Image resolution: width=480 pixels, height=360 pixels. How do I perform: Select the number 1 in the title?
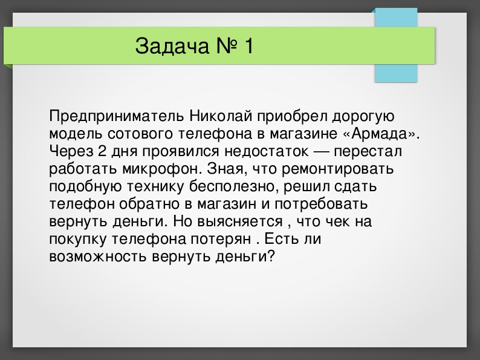click(248, 47)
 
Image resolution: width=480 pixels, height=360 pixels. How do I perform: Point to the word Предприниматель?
click(106, 115)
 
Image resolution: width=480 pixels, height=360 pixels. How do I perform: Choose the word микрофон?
click(166, 168)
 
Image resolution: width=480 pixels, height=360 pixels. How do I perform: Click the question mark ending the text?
click(271, 256)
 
